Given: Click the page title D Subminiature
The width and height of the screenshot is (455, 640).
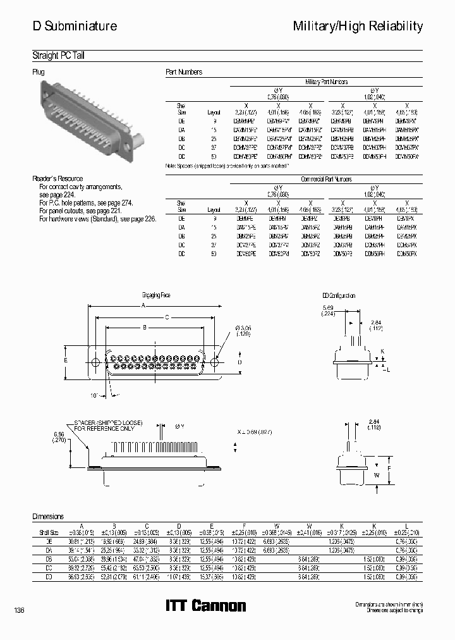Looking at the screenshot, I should coord(75,26).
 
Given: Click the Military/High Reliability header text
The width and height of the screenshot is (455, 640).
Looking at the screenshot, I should coord(358,26).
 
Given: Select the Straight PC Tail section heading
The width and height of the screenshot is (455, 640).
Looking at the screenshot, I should coord(58,56).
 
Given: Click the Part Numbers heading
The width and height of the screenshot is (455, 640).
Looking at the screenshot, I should coord(184,72).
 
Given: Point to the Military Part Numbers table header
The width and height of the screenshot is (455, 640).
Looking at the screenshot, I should coord(326,82).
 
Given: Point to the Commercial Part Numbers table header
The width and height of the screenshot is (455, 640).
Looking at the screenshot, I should coord(325,180).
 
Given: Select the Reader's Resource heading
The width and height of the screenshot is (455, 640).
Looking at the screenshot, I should coord(58,179).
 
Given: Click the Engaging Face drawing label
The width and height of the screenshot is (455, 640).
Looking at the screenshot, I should coord(156,295).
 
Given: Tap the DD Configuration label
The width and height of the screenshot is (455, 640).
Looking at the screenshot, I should coord(339,295).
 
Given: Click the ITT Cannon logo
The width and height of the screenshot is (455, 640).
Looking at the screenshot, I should coord(205,606).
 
